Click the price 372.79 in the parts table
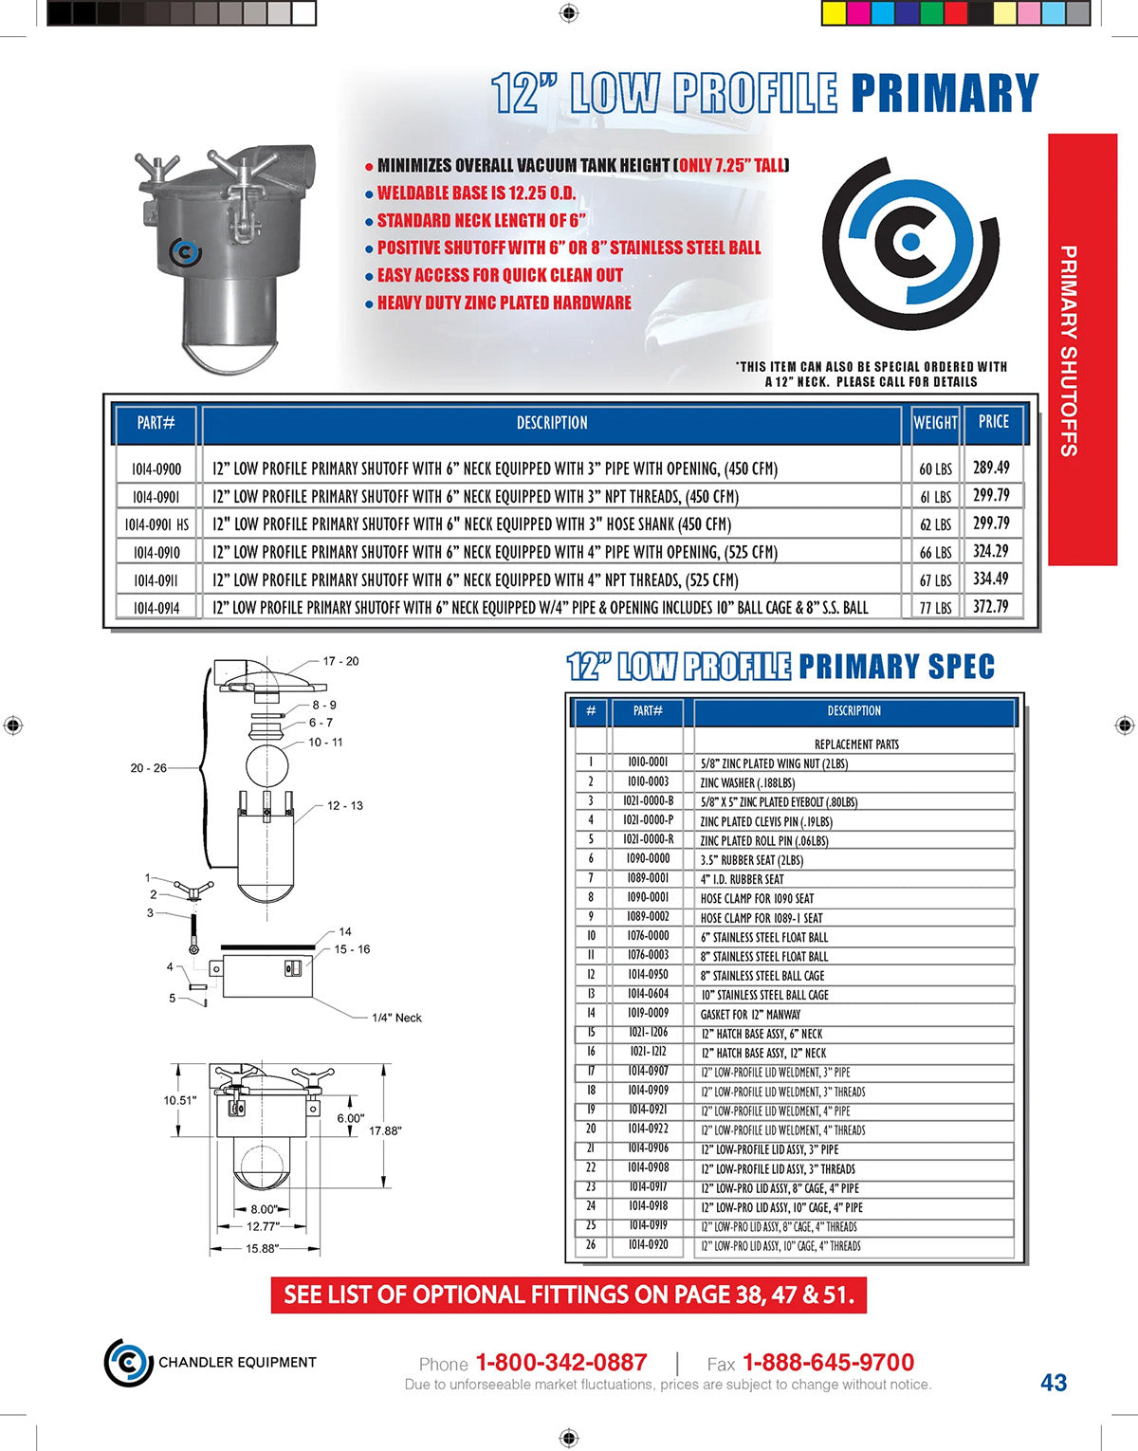pos(991,606)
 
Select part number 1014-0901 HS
pos(156,524)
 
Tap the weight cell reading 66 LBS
pos(935,552)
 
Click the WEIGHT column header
pos(935,423)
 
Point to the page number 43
pos(1054,1383)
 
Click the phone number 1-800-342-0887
pos(560,1363)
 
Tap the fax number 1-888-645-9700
pos(828,1363)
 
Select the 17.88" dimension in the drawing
pos(385,1130)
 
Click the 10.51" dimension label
pos(180,1100)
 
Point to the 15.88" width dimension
pos(263,1248)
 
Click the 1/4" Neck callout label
pos(396,1018)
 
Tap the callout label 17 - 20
pos(340,661)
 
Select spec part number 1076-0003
pos(648,955)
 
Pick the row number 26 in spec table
pos(591,1244)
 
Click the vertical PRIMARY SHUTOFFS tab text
pos(1068,350)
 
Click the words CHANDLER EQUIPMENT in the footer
pos(237,1362)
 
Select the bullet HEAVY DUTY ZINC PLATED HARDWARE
pos(504,303)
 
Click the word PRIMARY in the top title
pos(945,94)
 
